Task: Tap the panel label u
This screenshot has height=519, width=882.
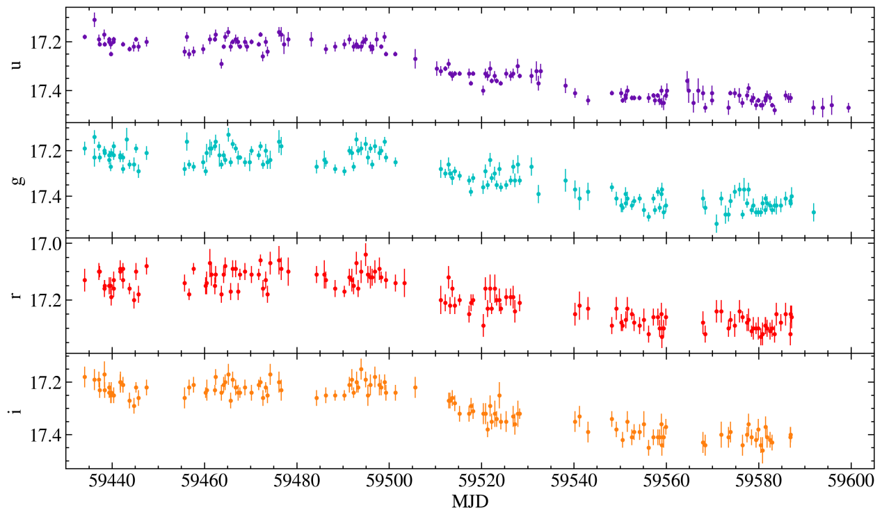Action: pos(16,65)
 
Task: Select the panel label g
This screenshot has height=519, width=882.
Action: pos(16,180)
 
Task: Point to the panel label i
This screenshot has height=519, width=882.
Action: pos(16,411)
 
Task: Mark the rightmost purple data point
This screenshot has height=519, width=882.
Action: pos(848,107)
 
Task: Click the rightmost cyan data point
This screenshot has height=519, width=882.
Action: pos(813,213)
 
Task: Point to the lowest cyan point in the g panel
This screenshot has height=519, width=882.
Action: pos(716,223)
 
